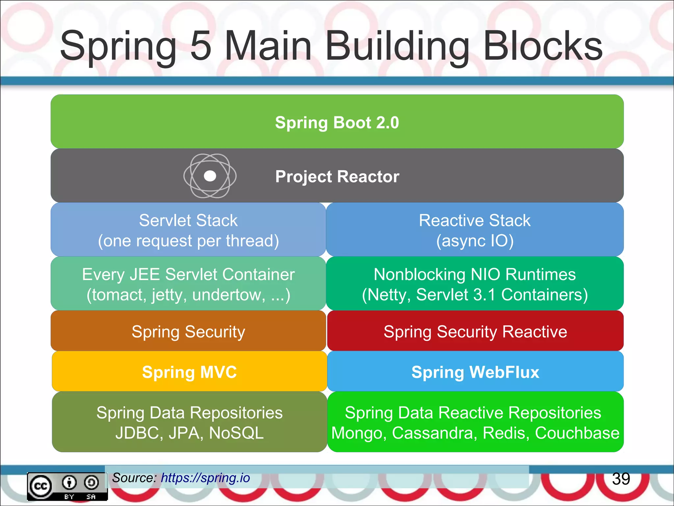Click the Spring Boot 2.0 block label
337,123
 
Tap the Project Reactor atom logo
210,176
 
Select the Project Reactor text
337,177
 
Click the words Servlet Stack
188,220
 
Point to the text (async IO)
475,241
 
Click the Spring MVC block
189,372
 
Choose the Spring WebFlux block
475,372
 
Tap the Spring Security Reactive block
475,331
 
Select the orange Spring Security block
188,331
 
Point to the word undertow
228,295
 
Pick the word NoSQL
236,433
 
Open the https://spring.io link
205,478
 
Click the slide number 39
621,479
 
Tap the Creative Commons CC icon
41,486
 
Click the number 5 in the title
201,46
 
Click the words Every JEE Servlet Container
188,274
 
